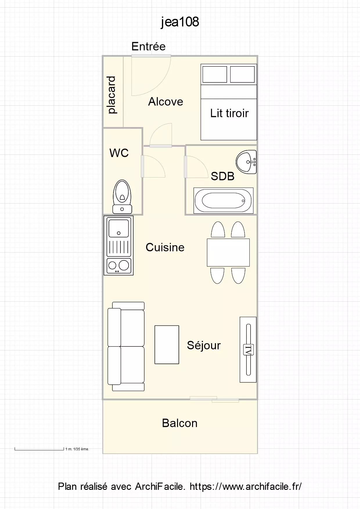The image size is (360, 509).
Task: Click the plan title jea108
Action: pyautogui.click(x=180, y=22)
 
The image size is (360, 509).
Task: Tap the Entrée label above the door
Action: pyautogui.click(x=148, y=46)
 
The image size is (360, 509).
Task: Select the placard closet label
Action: pyautogui.click(x=111, y=95)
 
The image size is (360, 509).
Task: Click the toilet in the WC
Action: pyautogui.click(x=122, y=197)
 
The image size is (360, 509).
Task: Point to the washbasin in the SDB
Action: pyautogui.click(x=246, y=162)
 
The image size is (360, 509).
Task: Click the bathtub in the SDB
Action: pyautogui.click(x=224, y=201)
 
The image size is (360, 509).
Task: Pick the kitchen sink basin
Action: pyautogui.click(x=118, y=228)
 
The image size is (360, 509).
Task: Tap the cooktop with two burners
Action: pyautogui.click(x=119, y=266)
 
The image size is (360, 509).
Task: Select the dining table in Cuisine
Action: pyautogui.click(x=228, y=252)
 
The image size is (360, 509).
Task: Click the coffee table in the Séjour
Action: pyautogui.click(x=167, y=345)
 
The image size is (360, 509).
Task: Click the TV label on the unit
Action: pyautogui.click(x=249, y=350)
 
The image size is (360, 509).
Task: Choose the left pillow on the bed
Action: pyautogui.click(x=215, y=74)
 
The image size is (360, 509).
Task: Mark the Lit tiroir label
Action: pyautogui.click(x=229, y=113)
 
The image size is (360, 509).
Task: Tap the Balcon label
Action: pyautogui.click(x=180, y=423)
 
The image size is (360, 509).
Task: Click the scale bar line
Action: pyautogui.click(x=39, y=450)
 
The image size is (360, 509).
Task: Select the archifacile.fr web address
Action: pyautogui.click(x=246, y=486)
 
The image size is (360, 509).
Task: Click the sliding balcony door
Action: pyautogui.click(x=214, y=399)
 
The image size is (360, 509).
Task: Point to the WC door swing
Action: pyautogui.click(x=153, y=166)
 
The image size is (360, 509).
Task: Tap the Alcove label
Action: pyautogui.click(x=166, y=102)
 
